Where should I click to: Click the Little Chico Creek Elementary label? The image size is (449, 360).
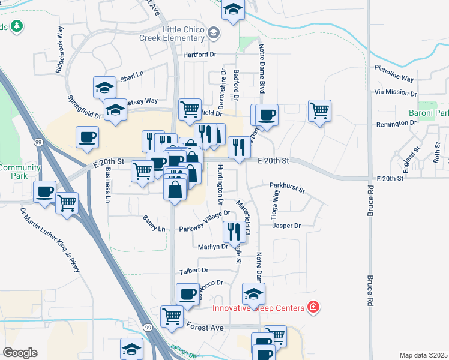tap(187, 35)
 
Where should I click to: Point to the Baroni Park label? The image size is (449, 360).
tap(429, 113)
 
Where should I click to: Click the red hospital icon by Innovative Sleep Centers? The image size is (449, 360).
tap(313, 308)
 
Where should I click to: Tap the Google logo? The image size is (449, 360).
tap(20, 353)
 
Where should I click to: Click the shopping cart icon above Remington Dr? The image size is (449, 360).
tap(319, 110)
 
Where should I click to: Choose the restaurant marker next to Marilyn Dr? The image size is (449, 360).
tap(234, 231)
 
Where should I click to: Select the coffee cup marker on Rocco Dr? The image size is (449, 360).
tap(188, 294)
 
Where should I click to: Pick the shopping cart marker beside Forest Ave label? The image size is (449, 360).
tap(172, 316)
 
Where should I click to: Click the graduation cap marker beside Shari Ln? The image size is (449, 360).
tap(105, 87)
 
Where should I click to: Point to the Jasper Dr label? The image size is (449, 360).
tap(286, 226)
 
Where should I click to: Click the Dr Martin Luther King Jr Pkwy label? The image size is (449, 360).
tap(50, 240)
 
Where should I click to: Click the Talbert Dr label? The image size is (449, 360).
tap(193, 271)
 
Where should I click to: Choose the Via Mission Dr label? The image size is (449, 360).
tap(396, 92)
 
